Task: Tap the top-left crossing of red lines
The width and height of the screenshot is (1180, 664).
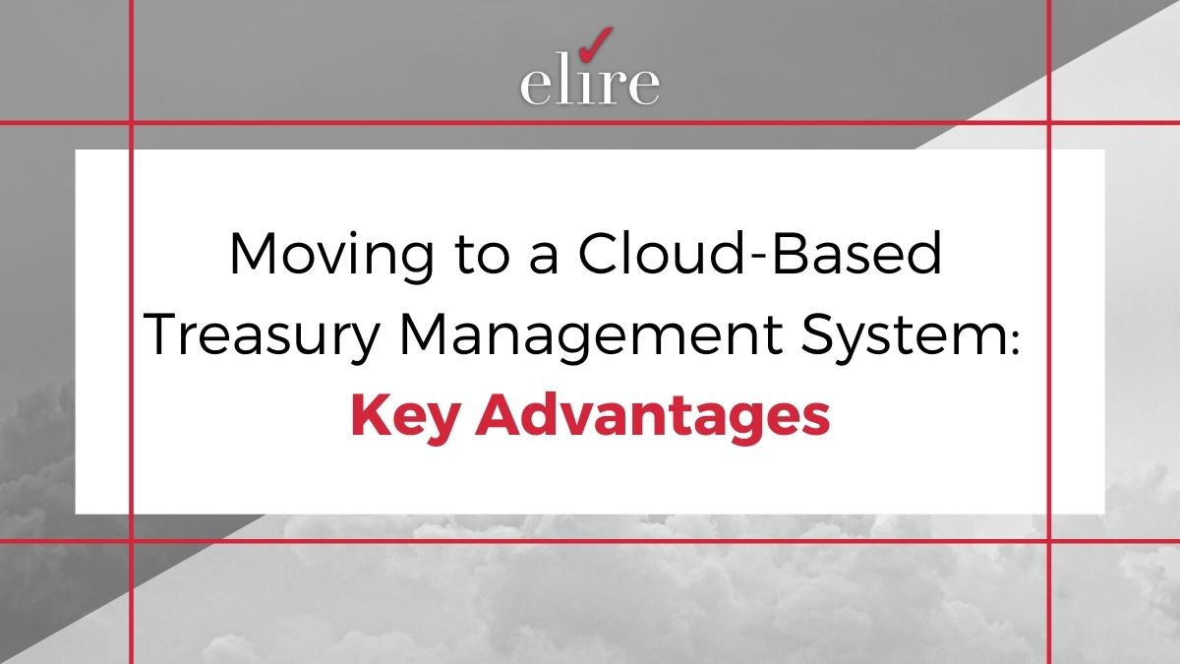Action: [131, 123]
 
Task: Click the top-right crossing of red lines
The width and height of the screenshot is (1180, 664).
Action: [1049, 123]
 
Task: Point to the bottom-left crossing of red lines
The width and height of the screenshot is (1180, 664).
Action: [131, 541]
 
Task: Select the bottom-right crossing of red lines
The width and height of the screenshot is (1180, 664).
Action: [1049, 541]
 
